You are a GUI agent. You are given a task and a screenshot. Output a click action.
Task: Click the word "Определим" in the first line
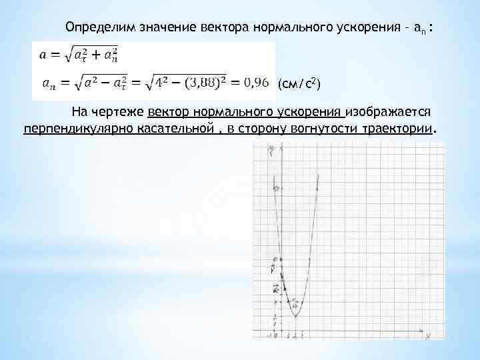tap(97, 27)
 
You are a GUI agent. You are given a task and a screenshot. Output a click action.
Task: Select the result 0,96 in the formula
tap(258, 83)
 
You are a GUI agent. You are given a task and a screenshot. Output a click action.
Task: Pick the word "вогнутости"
tap(323, 128)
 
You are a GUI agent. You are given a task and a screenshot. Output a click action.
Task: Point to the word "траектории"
tap(398, 128)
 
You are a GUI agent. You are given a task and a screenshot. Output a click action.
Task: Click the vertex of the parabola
tap(295, 315)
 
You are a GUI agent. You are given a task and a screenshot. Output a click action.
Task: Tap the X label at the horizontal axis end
tap(426, 338)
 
